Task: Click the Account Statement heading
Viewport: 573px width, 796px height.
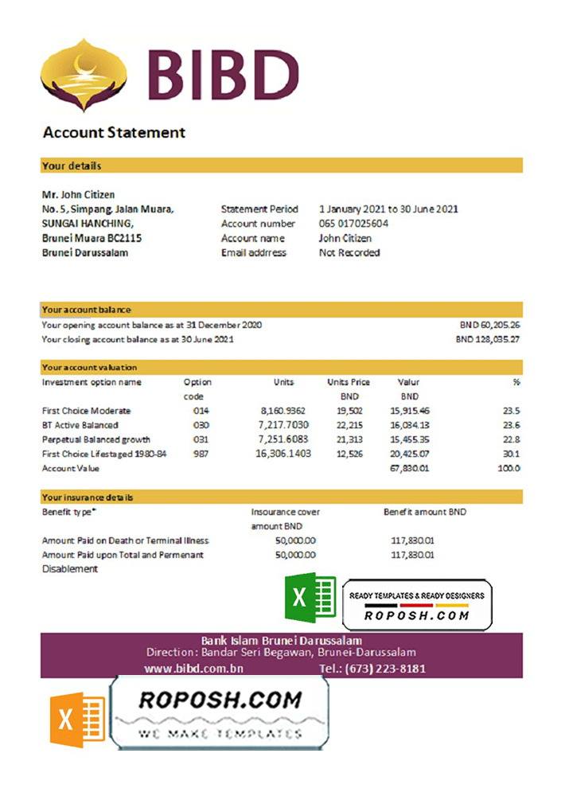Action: [x=114, y=133]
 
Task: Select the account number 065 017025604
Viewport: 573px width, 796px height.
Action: [x=353, y=224]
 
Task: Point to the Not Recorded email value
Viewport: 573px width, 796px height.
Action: [x=349, y=252]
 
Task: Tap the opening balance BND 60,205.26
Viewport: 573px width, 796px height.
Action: [x=489, y=325]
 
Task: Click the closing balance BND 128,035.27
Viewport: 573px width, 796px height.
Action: [x=488, y=339]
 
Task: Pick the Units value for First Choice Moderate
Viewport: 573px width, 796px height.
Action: [x=284, y=411]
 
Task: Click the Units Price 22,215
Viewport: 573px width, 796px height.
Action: [x=348, y=425]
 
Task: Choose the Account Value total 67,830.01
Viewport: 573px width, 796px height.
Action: [x=410, y=468]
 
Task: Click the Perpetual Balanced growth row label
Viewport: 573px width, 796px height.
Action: [x=95, y=439]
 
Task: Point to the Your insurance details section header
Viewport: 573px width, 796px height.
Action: [x=88, y=497]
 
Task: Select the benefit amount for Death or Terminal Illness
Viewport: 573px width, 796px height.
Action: [x=412, y=540]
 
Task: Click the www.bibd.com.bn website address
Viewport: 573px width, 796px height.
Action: [x=193, y=669]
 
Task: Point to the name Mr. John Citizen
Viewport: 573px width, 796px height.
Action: [x=78, y=194]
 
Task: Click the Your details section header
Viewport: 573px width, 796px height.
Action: [x=72, y=166]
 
